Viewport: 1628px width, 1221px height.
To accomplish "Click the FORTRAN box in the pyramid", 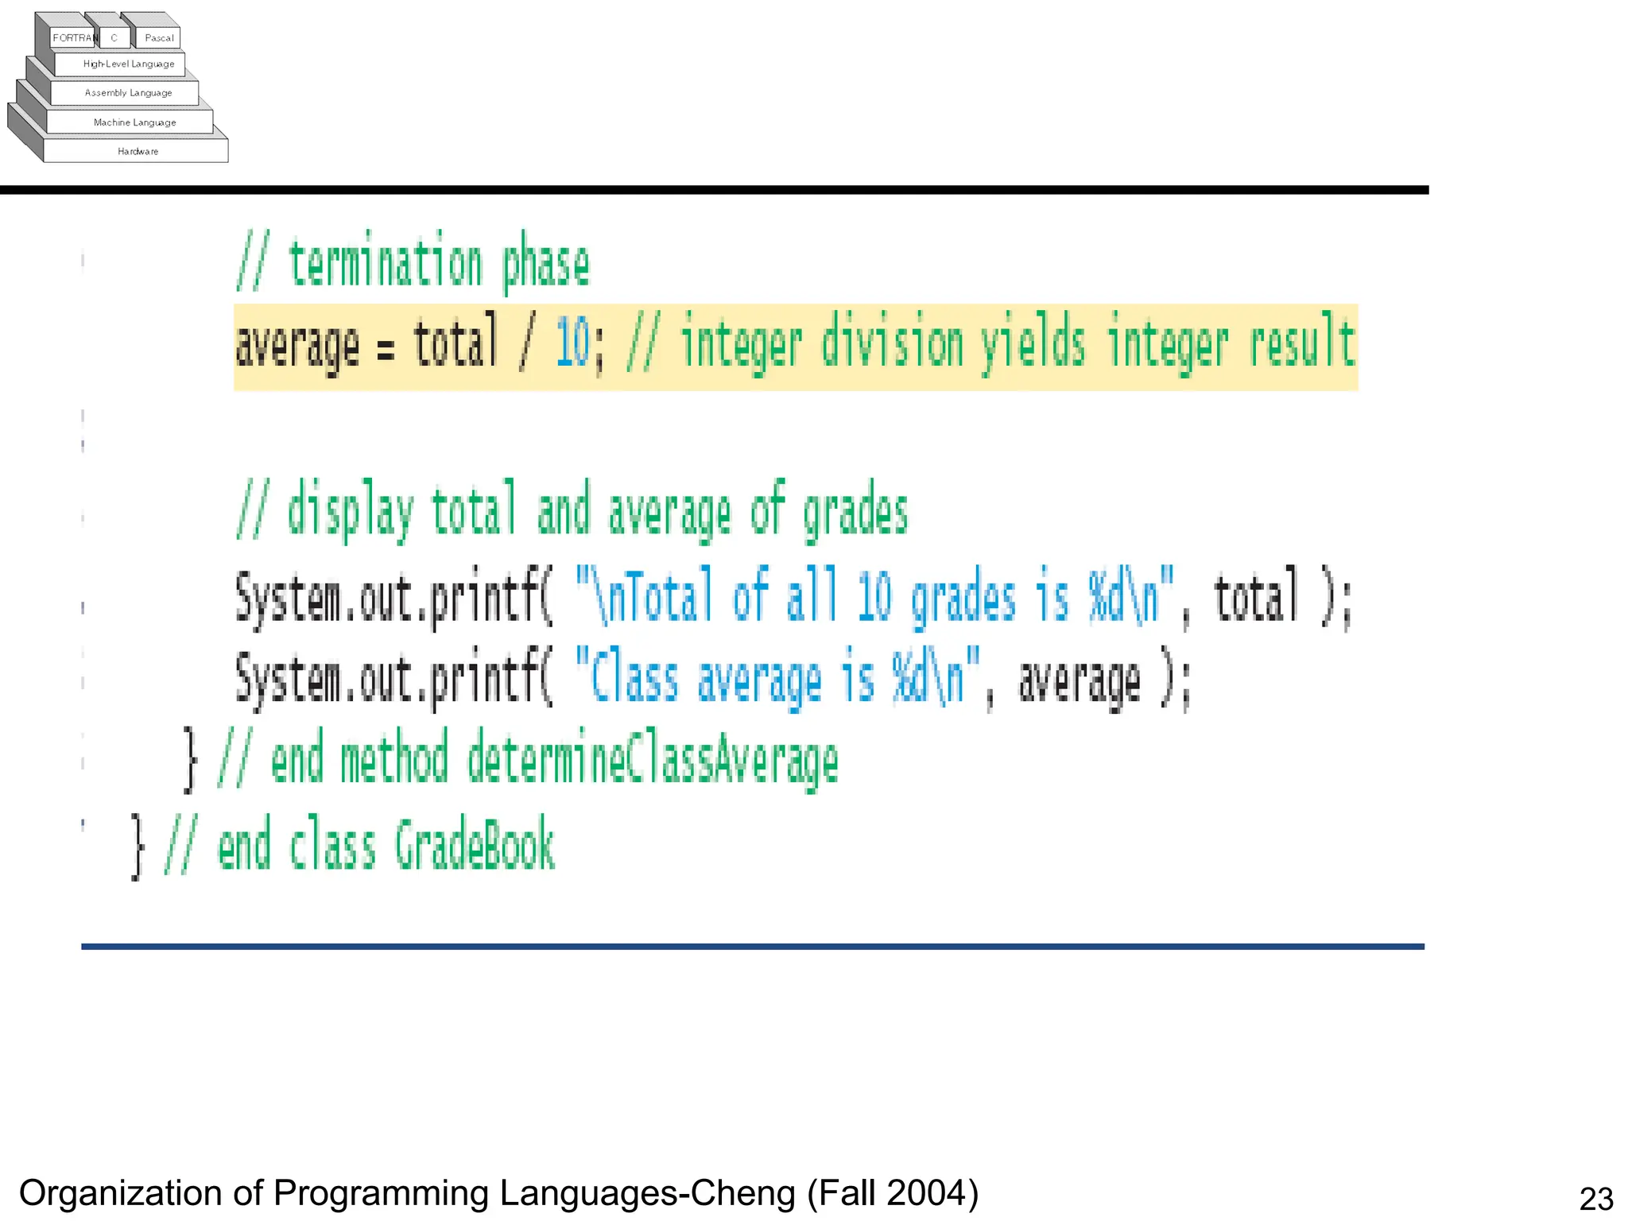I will (x=74, y=37).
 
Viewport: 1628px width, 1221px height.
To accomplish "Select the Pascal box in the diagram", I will (x=159, y=37).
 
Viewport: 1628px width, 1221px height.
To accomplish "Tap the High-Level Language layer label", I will (x=128, y=64).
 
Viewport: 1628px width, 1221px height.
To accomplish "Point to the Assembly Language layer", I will (x=128, y=93).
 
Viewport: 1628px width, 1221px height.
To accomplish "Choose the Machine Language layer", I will (x=134, y=122).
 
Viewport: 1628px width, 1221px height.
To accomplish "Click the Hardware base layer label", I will (x=138, y=151).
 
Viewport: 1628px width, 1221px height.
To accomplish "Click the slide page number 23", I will (x=1595, y=1199).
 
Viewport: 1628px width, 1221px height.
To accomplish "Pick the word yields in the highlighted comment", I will (x=1032, y=345).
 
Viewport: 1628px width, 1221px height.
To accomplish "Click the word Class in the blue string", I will (x=634, y=680).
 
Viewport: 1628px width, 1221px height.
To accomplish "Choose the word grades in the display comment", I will (x=855, y=513).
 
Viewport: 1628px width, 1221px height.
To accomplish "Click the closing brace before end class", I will (x=138, y=847).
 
